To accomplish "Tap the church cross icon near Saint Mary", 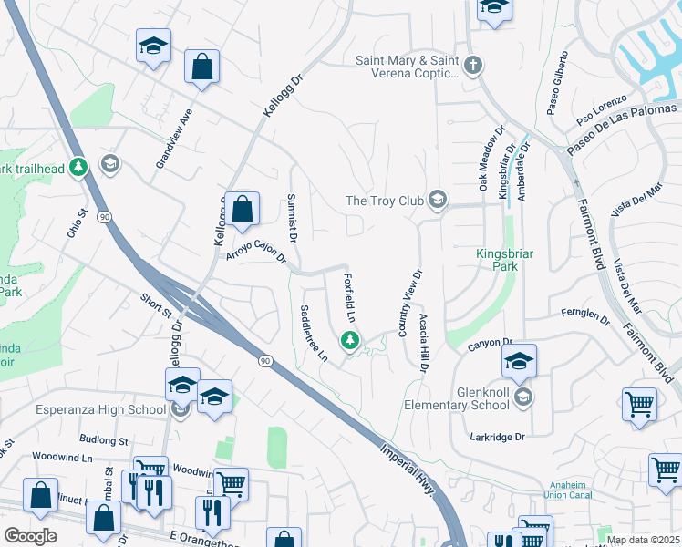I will point(472,65).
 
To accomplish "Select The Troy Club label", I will point(383,201).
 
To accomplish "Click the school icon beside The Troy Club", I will point(438,201).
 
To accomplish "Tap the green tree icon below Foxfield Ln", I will point(349,341).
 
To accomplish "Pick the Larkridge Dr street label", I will point(499,437).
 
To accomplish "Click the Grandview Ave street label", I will point(174,139).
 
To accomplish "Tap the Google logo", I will point(30,536).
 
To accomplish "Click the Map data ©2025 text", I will point(643,540).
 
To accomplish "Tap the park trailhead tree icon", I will point(79,167).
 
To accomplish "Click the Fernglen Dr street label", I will point(585,315).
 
